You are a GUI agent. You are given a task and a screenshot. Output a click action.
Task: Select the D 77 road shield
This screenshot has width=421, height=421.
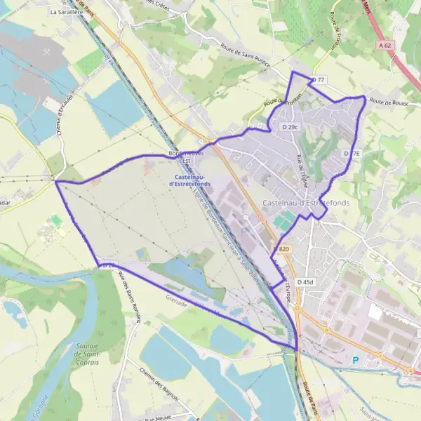tap(318, 80)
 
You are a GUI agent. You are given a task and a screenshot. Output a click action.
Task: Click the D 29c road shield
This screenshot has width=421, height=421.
tap(290, 127)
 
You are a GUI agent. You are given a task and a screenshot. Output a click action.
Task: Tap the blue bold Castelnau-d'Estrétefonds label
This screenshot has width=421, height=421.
tap(191, 180)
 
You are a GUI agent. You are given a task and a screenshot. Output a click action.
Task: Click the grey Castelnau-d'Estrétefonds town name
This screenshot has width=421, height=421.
tap(306, 203)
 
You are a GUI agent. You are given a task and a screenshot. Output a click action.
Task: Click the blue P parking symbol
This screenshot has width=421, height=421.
tap(355, 361)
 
